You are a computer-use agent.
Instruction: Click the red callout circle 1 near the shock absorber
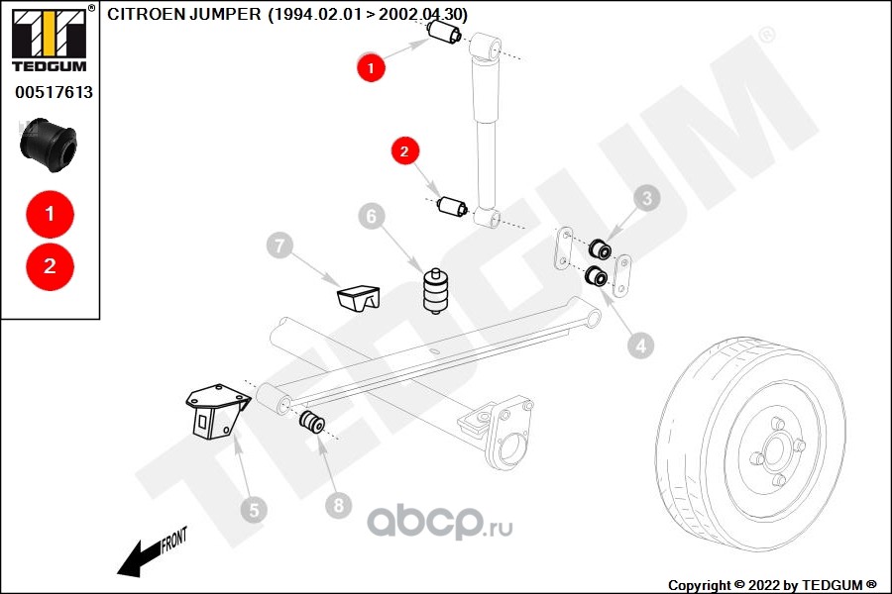point(371,67)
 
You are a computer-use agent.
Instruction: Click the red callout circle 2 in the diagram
point(404,151)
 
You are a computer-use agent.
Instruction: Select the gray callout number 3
point(647,199)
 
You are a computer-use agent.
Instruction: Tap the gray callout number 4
point(640,345)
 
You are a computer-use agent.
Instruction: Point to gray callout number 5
point(253,510)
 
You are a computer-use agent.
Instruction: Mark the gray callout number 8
point(338,505)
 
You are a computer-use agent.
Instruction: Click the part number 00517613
point(54,93)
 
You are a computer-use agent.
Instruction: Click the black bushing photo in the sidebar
point(49,143)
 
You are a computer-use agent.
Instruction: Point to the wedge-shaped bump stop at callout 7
point(358,296)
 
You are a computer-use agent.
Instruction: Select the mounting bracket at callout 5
point(213,410)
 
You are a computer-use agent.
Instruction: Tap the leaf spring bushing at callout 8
point(312,423)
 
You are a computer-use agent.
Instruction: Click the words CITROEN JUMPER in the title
point(184,15)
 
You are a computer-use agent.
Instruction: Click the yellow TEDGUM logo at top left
point(49,35)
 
